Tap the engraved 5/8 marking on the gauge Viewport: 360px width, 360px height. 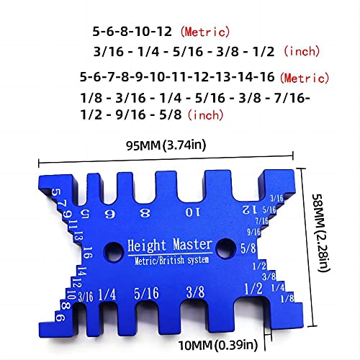click(248, 250)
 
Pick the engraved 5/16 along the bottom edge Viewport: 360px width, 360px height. click(148, 293)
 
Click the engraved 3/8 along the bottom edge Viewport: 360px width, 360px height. click(194, 292)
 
